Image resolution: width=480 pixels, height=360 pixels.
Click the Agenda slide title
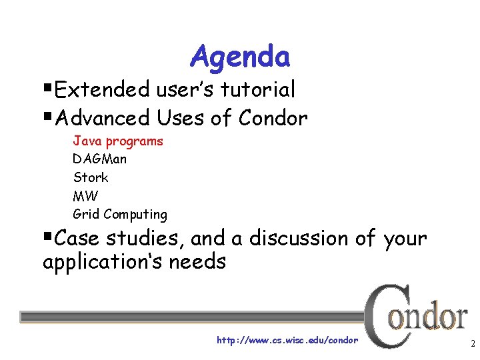tap(240, 57)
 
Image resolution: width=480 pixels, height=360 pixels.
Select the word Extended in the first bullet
tap(103, 89)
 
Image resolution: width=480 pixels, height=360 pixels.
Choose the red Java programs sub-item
tap(117, 141)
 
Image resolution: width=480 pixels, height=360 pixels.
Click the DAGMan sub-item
tap(99, 159)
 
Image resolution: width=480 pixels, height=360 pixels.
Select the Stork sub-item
tap(90, 177)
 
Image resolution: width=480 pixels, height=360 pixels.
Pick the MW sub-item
tap(85, 196)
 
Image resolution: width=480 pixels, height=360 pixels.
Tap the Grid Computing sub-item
tap(120, 214)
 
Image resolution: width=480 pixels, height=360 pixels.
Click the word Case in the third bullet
tap(75, 238)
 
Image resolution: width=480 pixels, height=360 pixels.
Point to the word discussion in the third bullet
tap(302, 238)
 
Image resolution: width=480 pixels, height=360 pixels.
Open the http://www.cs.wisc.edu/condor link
tap(287, 340)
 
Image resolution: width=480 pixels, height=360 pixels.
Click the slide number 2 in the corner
tap(472, 345)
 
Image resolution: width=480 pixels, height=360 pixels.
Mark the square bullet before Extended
tap(47, 88)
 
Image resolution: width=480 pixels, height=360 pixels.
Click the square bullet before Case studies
tap(47, 237)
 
